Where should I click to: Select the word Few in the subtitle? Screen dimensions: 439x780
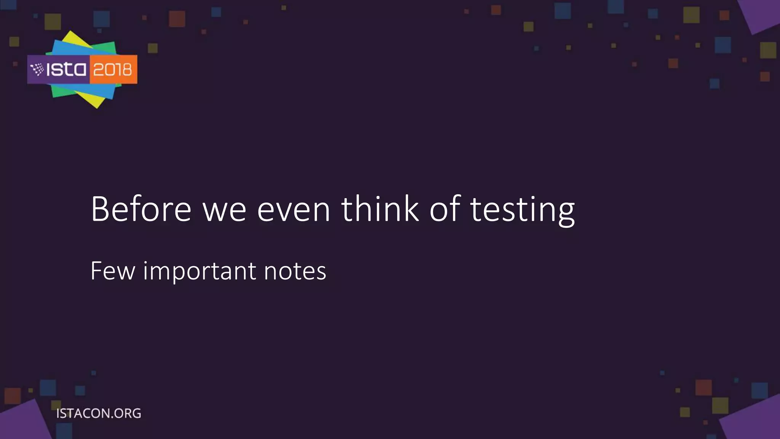click(x=113, y=271)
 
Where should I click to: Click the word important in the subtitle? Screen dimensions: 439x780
click(x=200, y=272)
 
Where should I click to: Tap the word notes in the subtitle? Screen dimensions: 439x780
click(x=295, y=271)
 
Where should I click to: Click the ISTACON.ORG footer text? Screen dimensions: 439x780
click(x=99, y=413)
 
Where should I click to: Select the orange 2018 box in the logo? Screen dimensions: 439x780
click(x=113, y=70)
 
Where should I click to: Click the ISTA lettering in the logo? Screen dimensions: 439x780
click(x=66, y=70)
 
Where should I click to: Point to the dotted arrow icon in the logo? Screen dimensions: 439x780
click(x=37, y=70)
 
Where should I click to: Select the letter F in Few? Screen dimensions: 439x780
click(x=96, y=271)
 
